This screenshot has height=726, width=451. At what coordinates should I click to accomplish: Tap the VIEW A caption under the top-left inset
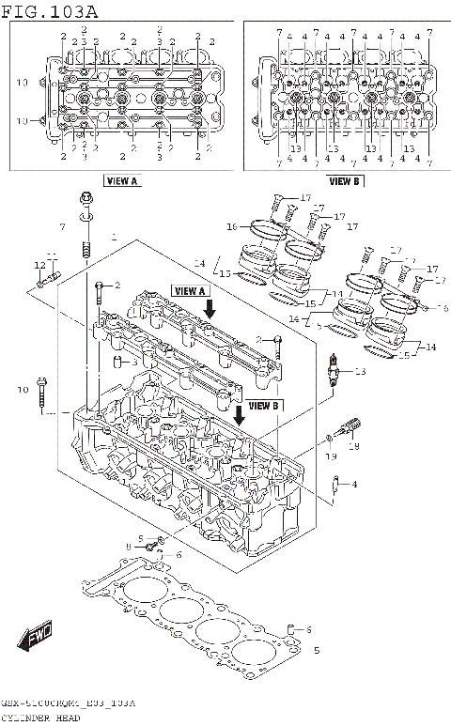122,180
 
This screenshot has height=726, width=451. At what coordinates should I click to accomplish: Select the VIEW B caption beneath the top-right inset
345,180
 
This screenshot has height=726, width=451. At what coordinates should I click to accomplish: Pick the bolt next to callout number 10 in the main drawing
43,394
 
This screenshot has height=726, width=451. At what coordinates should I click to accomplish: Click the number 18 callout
354,447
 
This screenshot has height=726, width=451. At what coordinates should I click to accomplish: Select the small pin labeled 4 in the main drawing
335,486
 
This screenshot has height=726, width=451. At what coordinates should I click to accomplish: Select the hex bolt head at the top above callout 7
85,199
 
